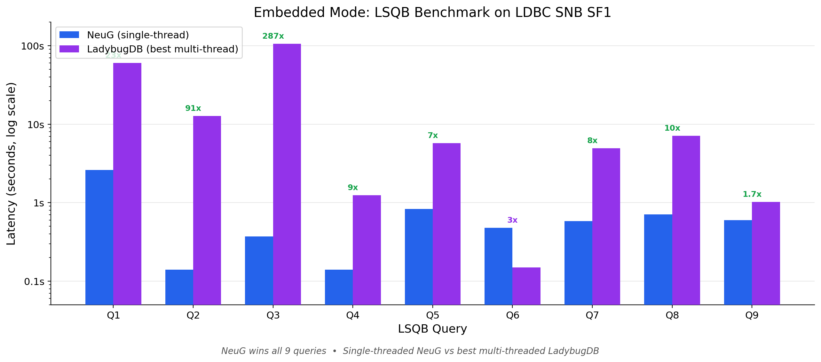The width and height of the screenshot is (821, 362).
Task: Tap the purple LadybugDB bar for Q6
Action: click(x=526, y=286)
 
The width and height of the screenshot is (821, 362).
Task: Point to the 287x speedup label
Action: click(x=273, y=36)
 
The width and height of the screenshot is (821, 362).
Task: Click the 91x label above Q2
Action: click(x=193, y=108)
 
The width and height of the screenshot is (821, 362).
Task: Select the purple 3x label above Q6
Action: click(x=512, y=220)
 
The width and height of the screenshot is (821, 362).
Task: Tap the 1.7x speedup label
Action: click(x=752, y=194)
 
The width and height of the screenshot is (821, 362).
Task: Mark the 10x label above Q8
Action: click(x=672, y=128)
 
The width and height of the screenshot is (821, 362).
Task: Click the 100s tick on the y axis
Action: click(x=32, y=46)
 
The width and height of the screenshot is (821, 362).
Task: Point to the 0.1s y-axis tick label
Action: click(x=34, y=281)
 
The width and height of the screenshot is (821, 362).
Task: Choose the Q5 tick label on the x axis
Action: click(x=432, y=315)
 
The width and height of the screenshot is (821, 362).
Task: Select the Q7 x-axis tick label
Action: click(x=592, y=315)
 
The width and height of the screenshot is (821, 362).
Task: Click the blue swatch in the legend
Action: click(x=69, y=35)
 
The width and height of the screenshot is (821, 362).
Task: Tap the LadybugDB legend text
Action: click(x=162, y=49)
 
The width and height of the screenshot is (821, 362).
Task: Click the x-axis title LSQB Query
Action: click(x=432, y=329)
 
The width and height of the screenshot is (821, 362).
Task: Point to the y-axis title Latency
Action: click(x=11, y=164)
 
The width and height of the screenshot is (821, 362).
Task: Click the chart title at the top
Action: click(x=432, y=12)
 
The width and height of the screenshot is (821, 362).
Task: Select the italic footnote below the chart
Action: click(x=410, y=351)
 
